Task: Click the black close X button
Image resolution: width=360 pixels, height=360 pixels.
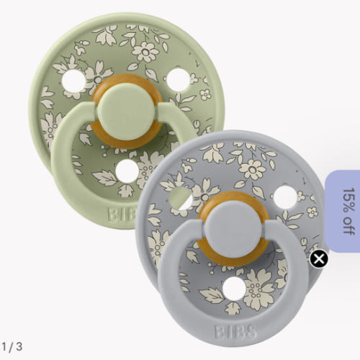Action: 319,258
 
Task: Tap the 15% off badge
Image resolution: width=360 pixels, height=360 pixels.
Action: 343,211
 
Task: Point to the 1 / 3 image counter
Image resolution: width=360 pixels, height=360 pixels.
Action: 12,346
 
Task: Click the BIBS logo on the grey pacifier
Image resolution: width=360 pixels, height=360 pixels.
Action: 235,332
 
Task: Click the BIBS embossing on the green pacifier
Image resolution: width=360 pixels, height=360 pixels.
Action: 122,214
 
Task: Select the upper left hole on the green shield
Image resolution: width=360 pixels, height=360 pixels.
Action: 73,81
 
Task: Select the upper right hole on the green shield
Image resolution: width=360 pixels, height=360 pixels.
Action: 179,80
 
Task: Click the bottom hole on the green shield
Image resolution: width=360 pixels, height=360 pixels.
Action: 127,171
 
